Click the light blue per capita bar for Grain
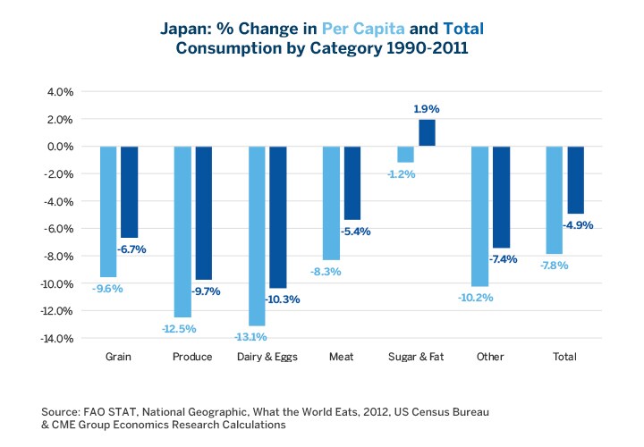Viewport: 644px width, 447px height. [108, 212]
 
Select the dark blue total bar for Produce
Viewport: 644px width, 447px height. [203, 213]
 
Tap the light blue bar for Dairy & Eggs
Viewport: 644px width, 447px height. [257, 236]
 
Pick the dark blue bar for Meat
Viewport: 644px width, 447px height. [352, 183]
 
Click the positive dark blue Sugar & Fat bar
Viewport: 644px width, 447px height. [426, 133]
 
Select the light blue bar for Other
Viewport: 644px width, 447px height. [479, 216]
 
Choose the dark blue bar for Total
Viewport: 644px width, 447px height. [574, 180]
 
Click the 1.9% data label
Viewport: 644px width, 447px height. [426, 109]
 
